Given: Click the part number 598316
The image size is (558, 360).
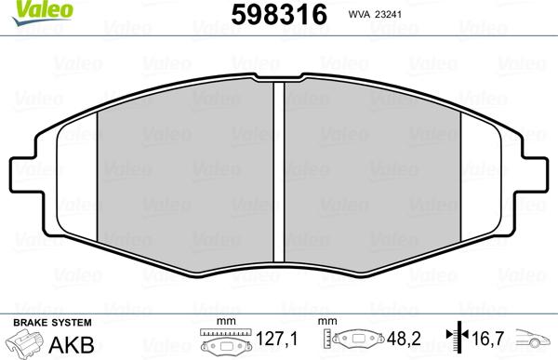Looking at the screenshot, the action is pos(279,15).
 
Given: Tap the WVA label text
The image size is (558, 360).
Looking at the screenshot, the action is pos(359,15).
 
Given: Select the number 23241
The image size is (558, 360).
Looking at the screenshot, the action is pos(387,15).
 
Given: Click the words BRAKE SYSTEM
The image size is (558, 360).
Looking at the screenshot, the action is pos(52,323).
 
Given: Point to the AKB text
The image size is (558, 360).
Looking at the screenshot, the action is pos(72,345).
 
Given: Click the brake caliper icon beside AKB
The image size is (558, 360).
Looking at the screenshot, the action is pos(24,342).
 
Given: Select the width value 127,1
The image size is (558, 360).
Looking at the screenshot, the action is pos(276,339).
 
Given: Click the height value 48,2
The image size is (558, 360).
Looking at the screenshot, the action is pos(404,339).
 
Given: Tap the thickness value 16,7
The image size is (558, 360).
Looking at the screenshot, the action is pos(488,339).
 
